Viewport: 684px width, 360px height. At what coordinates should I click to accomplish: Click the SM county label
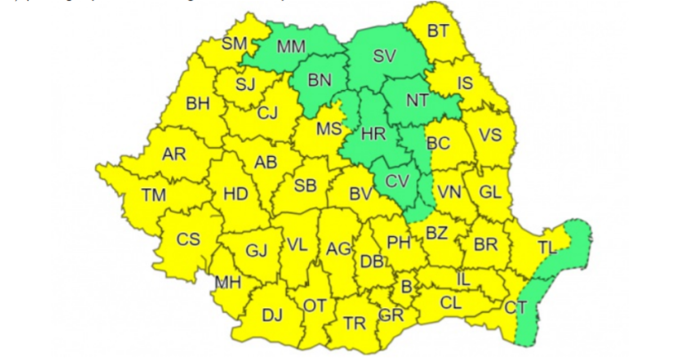234,43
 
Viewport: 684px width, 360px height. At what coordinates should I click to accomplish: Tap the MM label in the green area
290,45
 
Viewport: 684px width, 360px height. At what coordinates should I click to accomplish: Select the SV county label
384,56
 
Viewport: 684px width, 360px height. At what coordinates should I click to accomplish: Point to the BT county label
438,31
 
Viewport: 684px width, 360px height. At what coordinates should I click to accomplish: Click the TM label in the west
153,194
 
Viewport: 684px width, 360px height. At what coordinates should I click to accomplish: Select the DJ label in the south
272,315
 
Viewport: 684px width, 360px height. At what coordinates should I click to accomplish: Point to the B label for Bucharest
407,287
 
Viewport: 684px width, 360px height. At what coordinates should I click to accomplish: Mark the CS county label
188,239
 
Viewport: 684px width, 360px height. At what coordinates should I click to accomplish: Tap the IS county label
464,84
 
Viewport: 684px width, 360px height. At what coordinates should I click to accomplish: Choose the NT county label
417,100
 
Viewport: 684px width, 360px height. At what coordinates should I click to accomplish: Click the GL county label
490,192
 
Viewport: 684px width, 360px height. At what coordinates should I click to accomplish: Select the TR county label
354,323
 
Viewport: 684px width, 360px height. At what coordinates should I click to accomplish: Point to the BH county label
198,103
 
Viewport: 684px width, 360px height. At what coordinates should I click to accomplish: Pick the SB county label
305,185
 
